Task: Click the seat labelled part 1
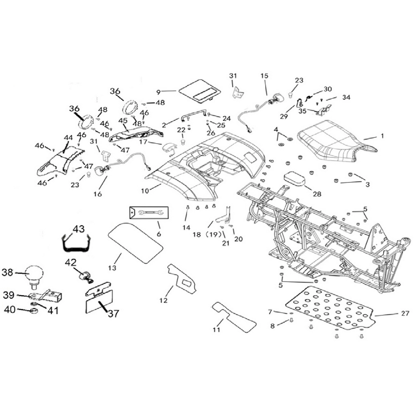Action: pyautogui.click(x=335, y=142)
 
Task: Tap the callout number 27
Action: pyautogui.click(x=405, y=313)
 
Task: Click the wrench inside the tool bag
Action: pyautogui.click(x=150, y=213)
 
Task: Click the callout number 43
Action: pyautogui.click(x=79, y=229)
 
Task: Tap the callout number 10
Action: pyautogui.click(x=145, y=191)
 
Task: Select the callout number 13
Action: pyautogui.click(x=112, y=267)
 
